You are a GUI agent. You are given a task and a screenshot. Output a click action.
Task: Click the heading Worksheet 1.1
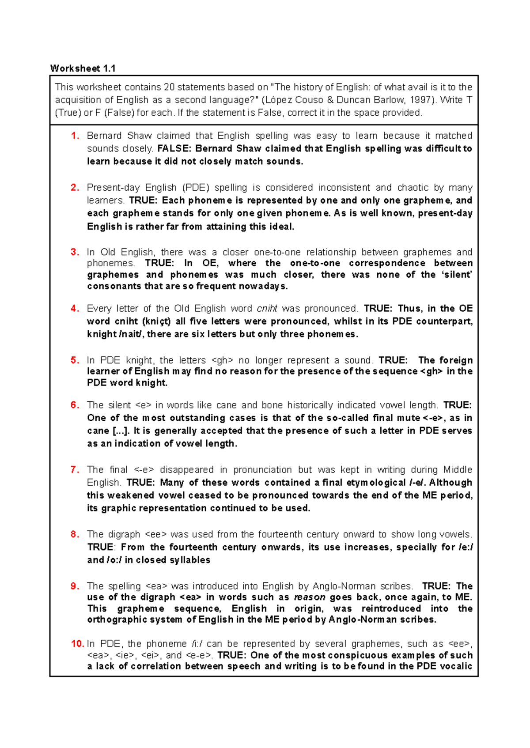[x=83, y=68]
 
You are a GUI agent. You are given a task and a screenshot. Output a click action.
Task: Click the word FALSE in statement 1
[x=174, y=148]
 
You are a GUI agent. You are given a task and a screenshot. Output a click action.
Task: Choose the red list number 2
[x=75, y=188]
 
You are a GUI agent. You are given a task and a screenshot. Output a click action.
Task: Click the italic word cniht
[x=267, y=308]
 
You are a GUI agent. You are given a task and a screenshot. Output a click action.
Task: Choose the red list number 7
[x=75, y=470]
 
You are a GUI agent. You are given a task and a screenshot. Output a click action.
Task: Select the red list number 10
[x=77, y=644]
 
